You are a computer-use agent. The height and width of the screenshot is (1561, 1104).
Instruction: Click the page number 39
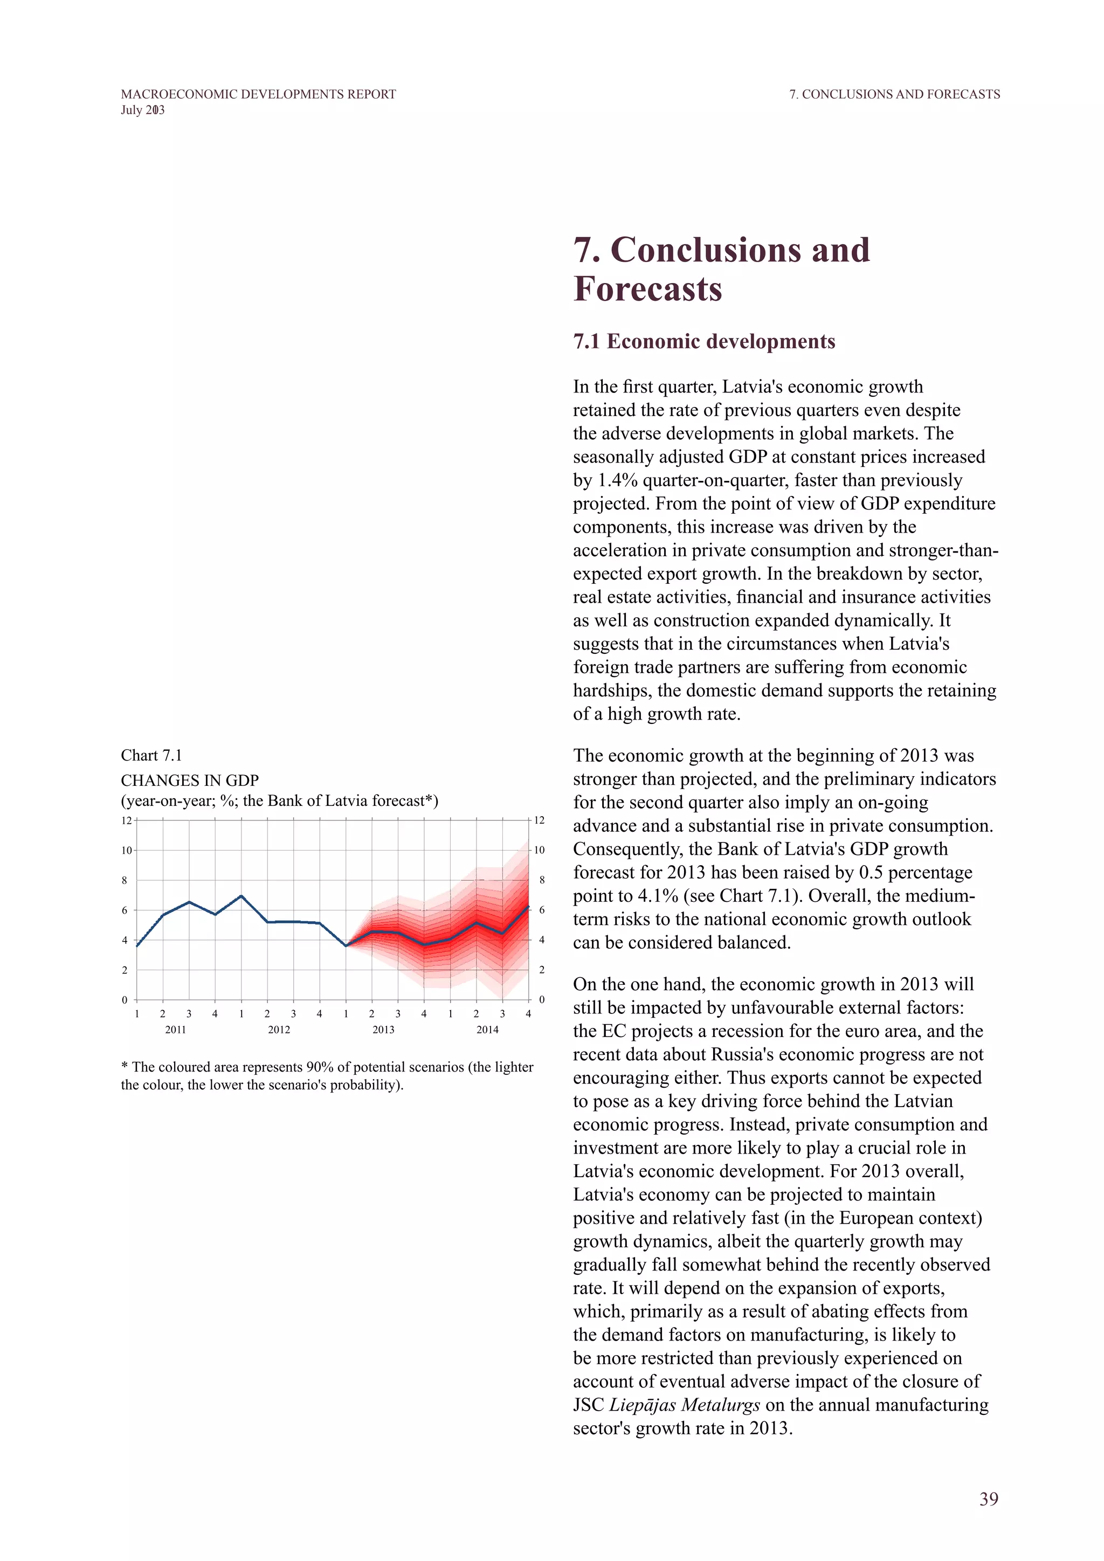[x=989, y=1498]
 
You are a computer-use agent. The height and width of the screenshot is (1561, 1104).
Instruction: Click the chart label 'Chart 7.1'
[x=151, y=755]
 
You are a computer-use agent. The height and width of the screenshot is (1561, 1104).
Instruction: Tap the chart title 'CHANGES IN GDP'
[x=190, y=780]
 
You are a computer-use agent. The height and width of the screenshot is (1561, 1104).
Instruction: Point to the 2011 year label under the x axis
[x=175, y=1030]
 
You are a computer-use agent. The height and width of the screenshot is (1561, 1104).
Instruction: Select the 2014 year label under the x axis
[x=487, y=1030]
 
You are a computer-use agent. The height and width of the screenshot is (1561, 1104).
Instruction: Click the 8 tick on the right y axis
[x=541, y=880]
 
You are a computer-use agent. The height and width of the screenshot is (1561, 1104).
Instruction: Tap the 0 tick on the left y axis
[x=125, y=999]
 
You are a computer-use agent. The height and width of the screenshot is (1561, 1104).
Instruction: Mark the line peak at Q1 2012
[x=241, y=896]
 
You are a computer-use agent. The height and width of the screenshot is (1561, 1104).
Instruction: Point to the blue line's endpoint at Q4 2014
[x=528, y=906]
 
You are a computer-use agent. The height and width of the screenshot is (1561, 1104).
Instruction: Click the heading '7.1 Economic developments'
[x=703, y=341]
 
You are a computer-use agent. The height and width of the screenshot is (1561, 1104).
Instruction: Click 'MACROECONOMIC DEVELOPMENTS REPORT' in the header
[x=258, y=94]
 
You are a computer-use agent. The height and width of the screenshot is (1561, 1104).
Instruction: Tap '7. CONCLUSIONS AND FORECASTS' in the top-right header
[x=894, y=94]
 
